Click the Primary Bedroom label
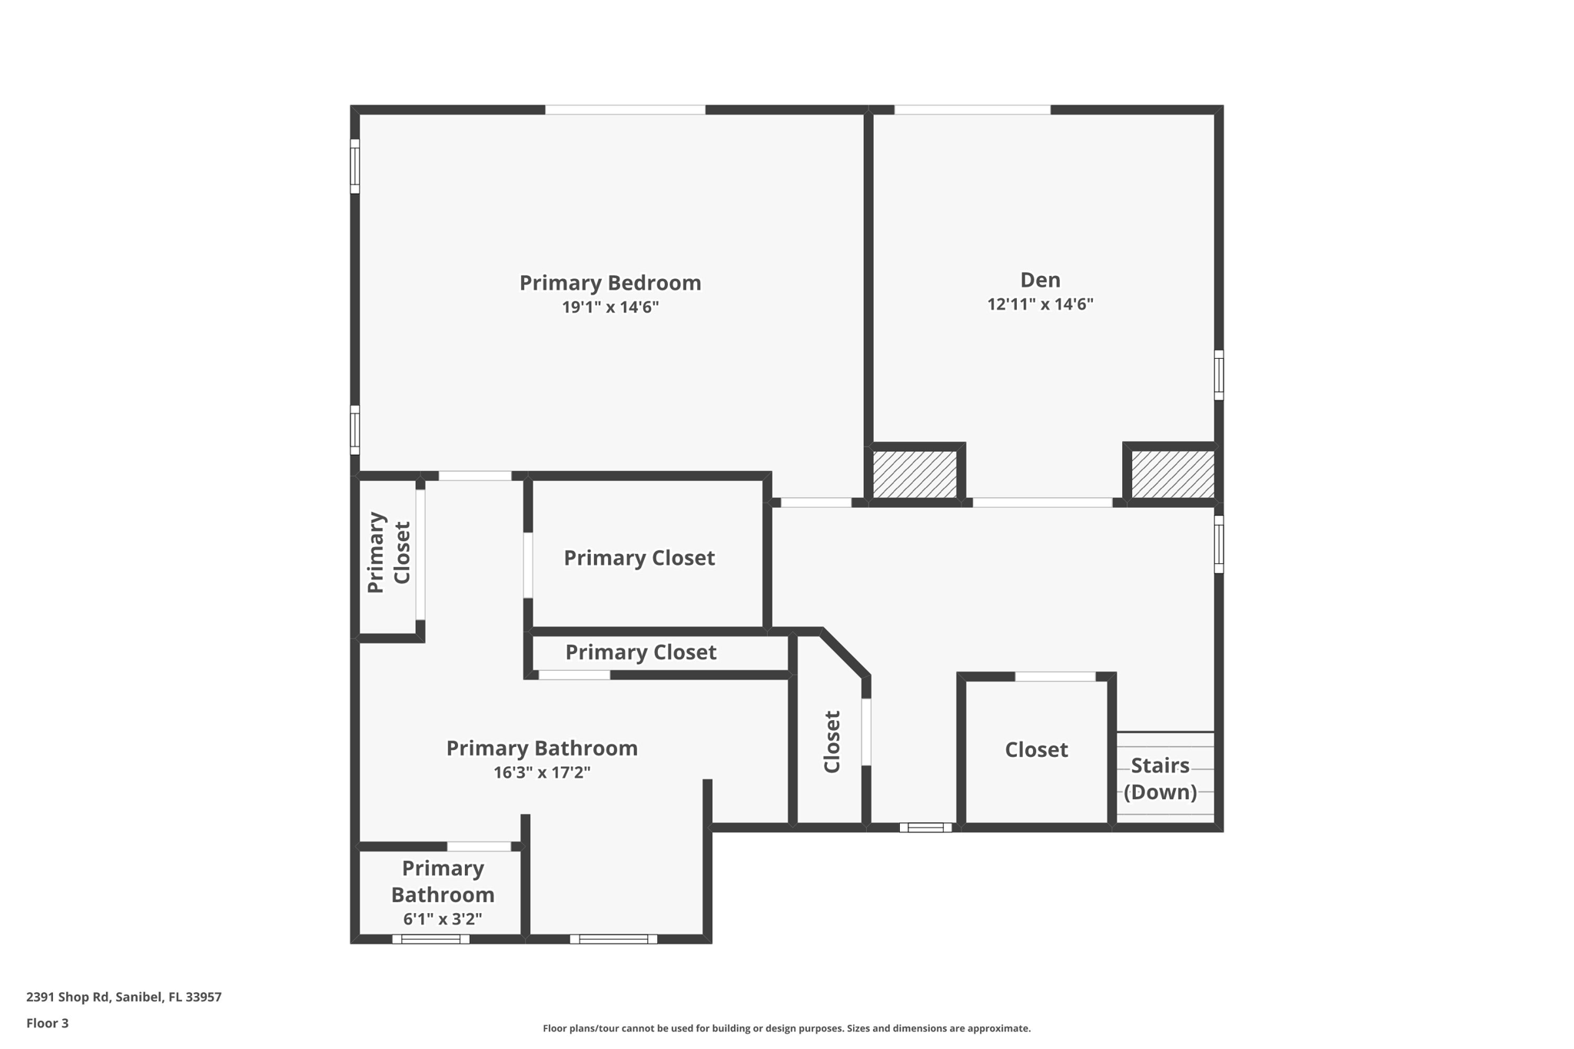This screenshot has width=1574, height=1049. [610, 283]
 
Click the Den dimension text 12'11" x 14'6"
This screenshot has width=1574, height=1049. [1040, 304]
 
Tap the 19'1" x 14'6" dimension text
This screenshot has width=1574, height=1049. [610, 307]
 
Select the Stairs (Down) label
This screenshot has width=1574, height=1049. [1160, 778]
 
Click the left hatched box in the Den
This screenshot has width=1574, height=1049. [915, 474]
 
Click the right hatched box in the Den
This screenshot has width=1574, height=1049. [1172, 474]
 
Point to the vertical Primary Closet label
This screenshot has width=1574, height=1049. [389, 553]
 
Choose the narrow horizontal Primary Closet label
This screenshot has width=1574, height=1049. [640, 652]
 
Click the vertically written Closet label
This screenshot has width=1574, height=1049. [832, 742]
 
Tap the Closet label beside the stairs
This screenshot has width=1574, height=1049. [1036, 750]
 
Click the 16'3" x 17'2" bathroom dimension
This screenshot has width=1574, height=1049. [542, 772]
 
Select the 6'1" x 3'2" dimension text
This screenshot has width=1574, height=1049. [443, 919]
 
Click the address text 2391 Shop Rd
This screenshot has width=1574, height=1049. [124, 997]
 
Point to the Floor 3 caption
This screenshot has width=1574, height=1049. [48, 1023]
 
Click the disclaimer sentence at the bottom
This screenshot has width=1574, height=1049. [786, 1028]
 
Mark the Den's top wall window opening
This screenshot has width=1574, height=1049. [972, 110]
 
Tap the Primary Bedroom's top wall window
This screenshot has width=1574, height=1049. [625, 110]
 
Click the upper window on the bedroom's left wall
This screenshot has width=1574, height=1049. [355, 166]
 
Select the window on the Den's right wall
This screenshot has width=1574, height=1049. [1218, 375]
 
